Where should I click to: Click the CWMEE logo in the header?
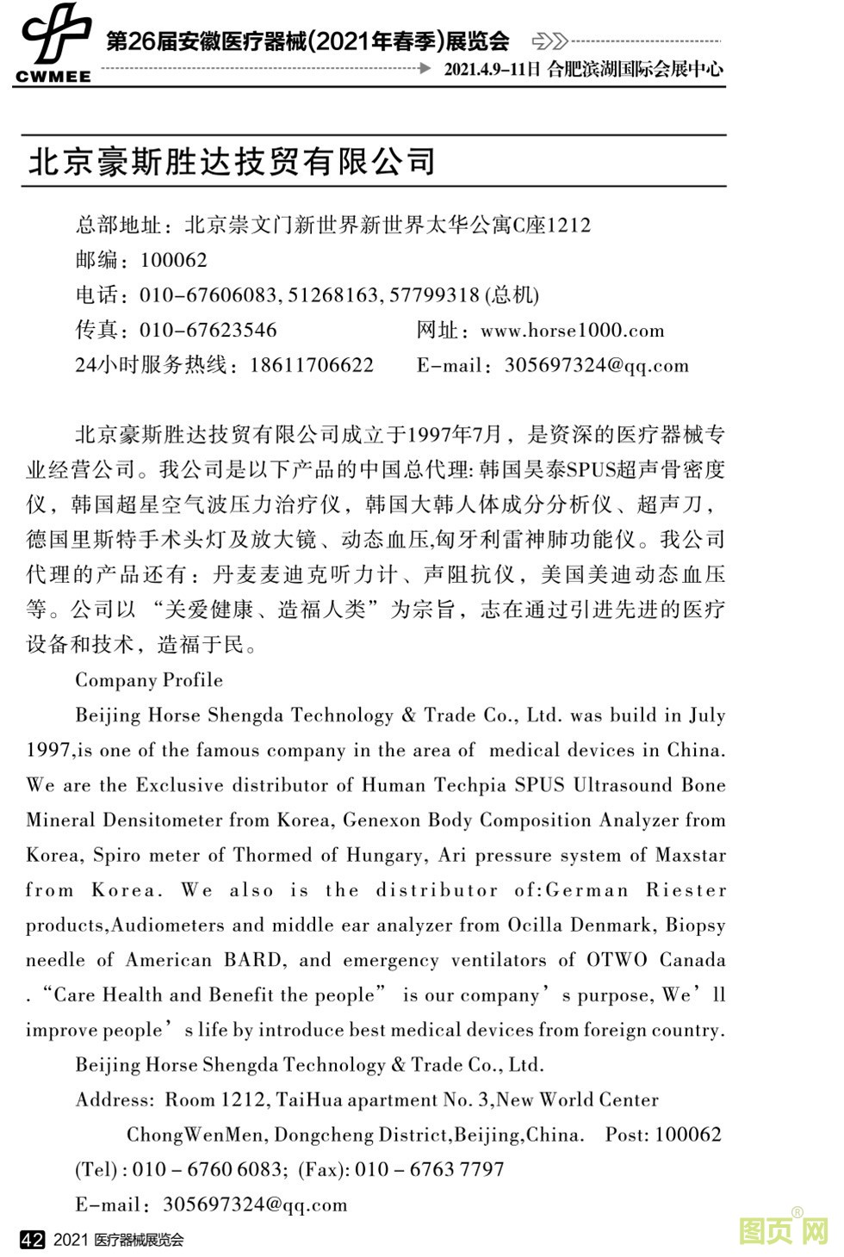tap(54, 43)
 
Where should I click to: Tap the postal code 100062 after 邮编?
tap(173, 260)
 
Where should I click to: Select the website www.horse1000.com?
tap(572, 331)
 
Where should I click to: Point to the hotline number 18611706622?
tap(312, 365)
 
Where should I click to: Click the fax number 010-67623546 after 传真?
tap(208, 331)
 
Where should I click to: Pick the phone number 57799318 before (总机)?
tap(434, 295)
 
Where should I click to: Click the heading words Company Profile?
tap(149, 680)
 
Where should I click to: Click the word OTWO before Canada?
tap(617, 960)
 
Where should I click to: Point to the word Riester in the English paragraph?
tap(686, 890)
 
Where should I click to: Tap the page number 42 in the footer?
tap(32, 1240)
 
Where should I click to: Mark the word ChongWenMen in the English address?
tap(195, 1135)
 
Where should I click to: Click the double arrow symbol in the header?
tap(549, 41)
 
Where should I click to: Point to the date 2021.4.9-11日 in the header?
tap(492, 70)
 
